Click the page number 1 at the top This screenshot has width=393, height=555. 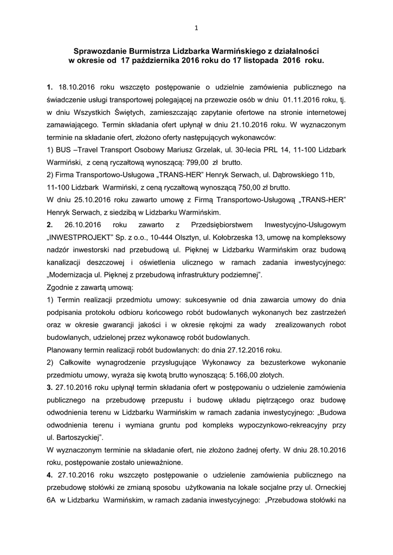pos(196,28)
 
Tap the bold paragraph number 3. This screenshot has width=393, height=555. pos(49,387)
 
